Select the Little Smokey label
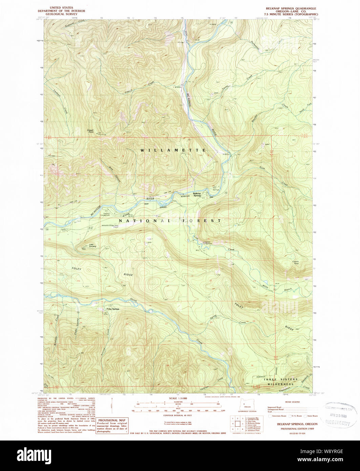click(93, 246)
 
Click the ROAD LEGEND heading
click(293, 402)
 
